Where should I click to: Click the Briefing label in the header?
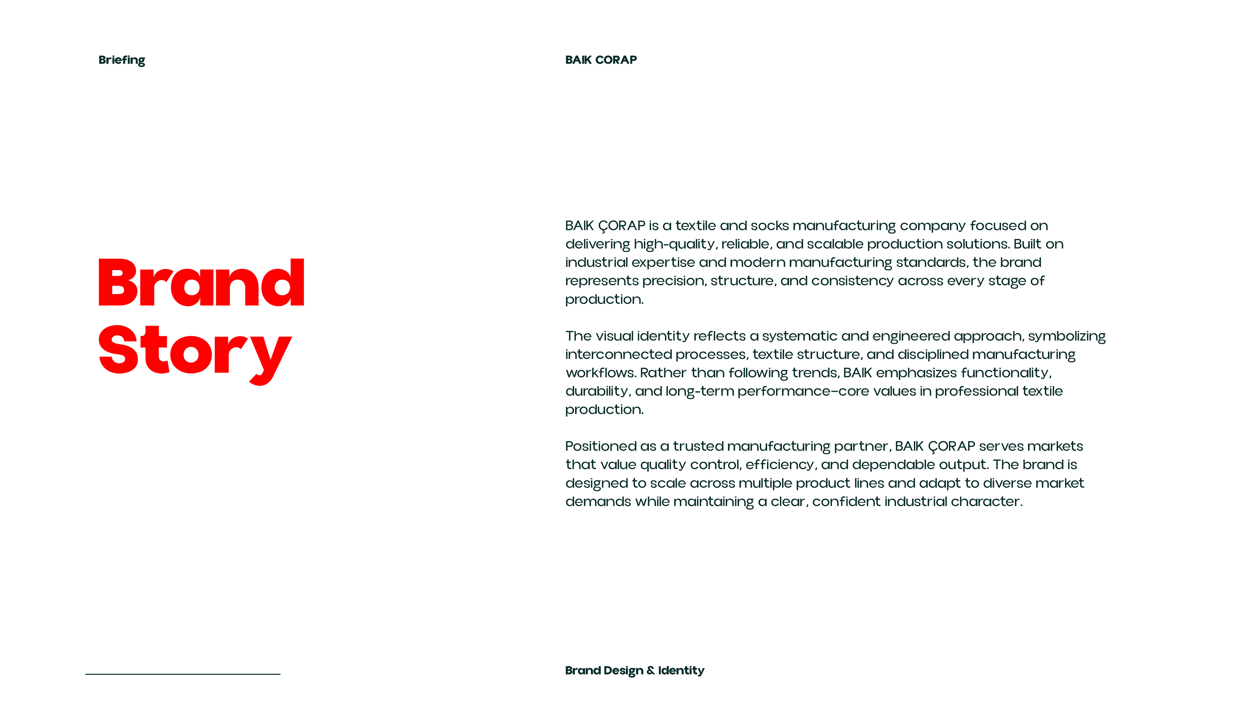point(121,60)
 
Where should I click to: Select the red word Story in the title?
point(195,351)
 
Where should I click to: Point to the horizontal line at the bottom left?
point(183,674)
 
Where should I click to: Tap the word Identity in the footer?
point(681,670)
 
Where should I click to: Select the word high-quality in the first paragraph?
point(674,244)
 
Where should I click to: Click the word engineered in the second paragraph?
point(911,336)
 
